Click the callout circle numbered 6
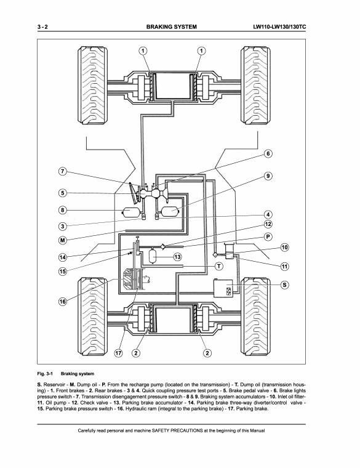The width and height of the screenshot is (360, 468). coord(268,154)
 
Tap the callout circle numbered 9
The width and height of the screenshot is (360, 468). coord(268,176)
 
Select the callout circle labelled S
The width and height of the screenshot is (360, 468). coord(285,285)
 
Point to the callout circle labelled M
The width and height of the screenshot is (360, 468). coord(63,240)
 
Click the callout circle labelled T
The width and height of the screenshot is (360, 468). coord(219,266)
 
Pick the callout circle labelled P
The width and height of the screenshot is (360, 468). coord(268,237)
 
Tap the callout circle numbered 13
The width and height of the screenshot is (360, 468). coord(177,257)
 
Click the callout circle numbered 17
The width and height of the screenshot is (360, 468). coord(119,353)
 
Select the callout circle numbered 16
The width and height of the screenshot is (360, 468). coord(63,302)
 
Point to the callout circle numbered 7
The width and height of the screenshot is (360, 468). coord(63,172)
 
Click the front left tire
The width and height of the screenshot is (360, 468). coord(93,85)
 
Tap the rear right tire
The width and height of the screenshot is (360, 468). coord(255,316)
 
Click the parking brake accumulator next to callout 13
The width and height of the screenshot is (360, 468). coord(153,256)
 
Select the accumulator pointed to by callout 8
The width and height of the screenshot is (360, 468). coord(130,212)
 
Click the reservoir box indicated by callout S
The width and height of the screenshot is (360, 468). coord(223,288)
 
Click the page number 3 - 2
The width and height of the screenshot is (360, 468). coord(42,27)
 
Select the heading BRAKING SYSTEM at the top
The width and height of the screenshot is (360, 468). coord(172,27)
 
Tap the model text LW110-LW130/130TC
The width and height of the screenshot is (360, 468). coord(279,27)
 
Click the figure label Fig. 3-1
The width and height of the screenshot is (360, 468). coord(45,374)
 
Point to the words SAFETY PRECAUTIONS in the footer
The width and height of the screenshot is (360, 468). coord(177,430)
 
